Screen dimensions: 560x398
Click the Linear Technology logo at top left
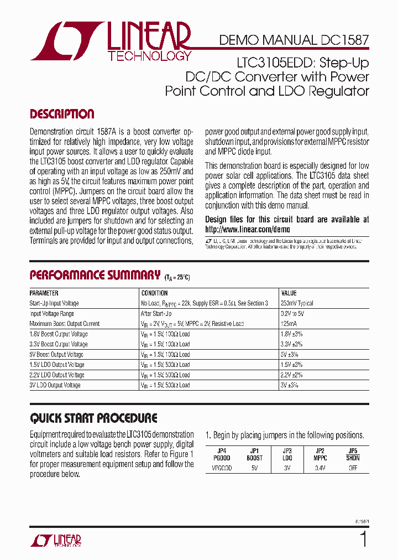(111, 42)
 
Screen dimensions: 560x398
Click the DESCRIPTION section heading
(62, 115)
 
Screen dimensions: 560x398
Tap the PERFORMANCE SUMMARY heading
(95, 275)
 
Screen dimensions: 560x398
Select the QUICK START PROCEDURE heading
(93, 418)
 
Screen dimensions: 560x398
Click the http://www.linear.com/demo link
(247, 229)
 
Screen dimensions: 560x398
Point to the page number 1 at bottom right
(363, 538)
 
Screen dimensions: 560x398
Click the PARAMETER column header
(44, 293)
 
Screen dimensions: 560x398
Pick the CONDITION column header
(154, 293)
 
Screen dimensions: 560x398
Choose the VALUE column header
(289, 293)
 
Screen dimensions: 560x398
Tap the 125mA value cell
(290, 324)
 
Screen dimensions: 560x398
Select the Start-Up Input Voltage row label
(54, 303)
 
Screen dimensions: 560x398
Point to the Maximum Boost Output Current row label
(65, 324)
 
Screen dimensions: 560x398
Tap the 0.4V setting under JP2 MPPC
(320, 468)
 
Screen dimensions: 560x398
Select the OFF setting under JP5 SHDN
(353, 468)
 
